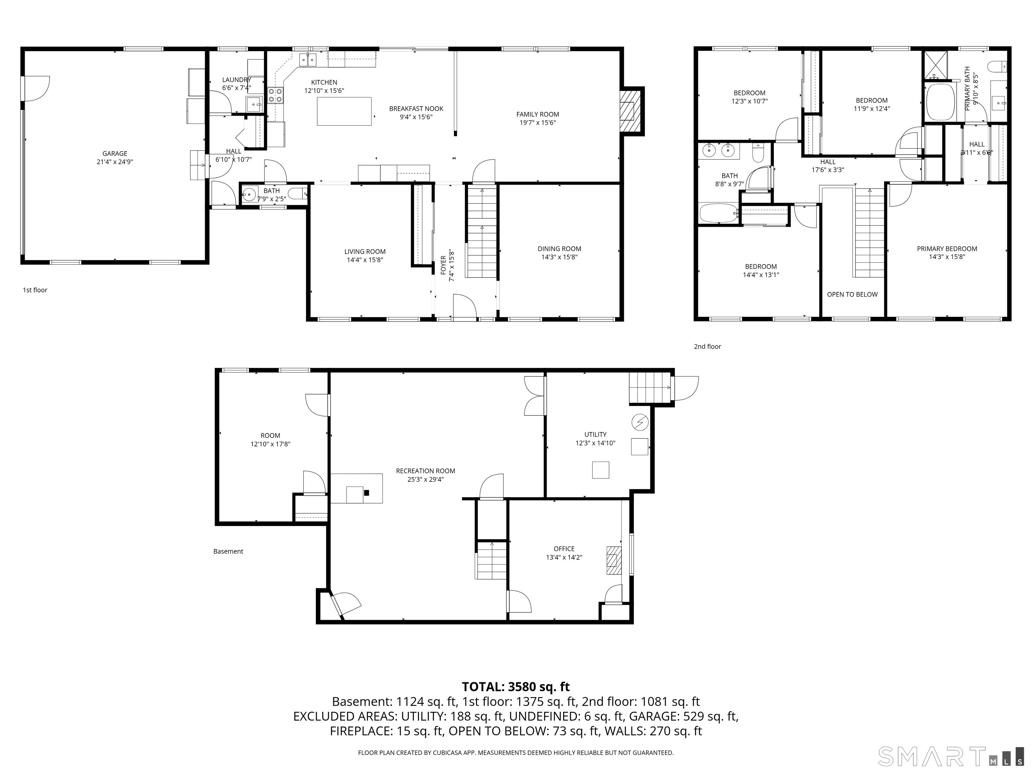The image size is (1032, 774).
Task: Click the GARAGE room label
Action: tap(115, 154)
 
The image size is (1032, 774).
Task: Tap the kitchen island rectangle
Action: tap(344, 112)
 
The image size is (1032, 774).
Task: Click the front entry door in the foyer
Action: tap(464, 308)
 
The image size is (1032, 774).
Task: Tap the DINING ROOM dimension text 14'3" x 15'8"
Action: tap(559, 257)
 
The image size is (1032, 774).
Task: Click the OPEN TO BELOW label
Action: tap(852, 294)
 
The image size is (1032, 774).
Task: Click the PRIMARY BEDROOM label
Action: tap(947, 249)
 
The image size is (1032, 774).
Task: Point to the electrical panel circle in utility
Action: tap(640, 422)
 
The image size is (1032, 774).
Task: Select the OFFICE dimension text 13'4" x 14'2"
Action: tap(564, 557)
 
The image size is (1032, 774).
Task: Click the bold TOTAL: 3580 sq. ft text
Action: tap(516, 687)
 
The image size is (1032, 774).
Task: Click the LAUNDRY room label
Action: tap(236, 80)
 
